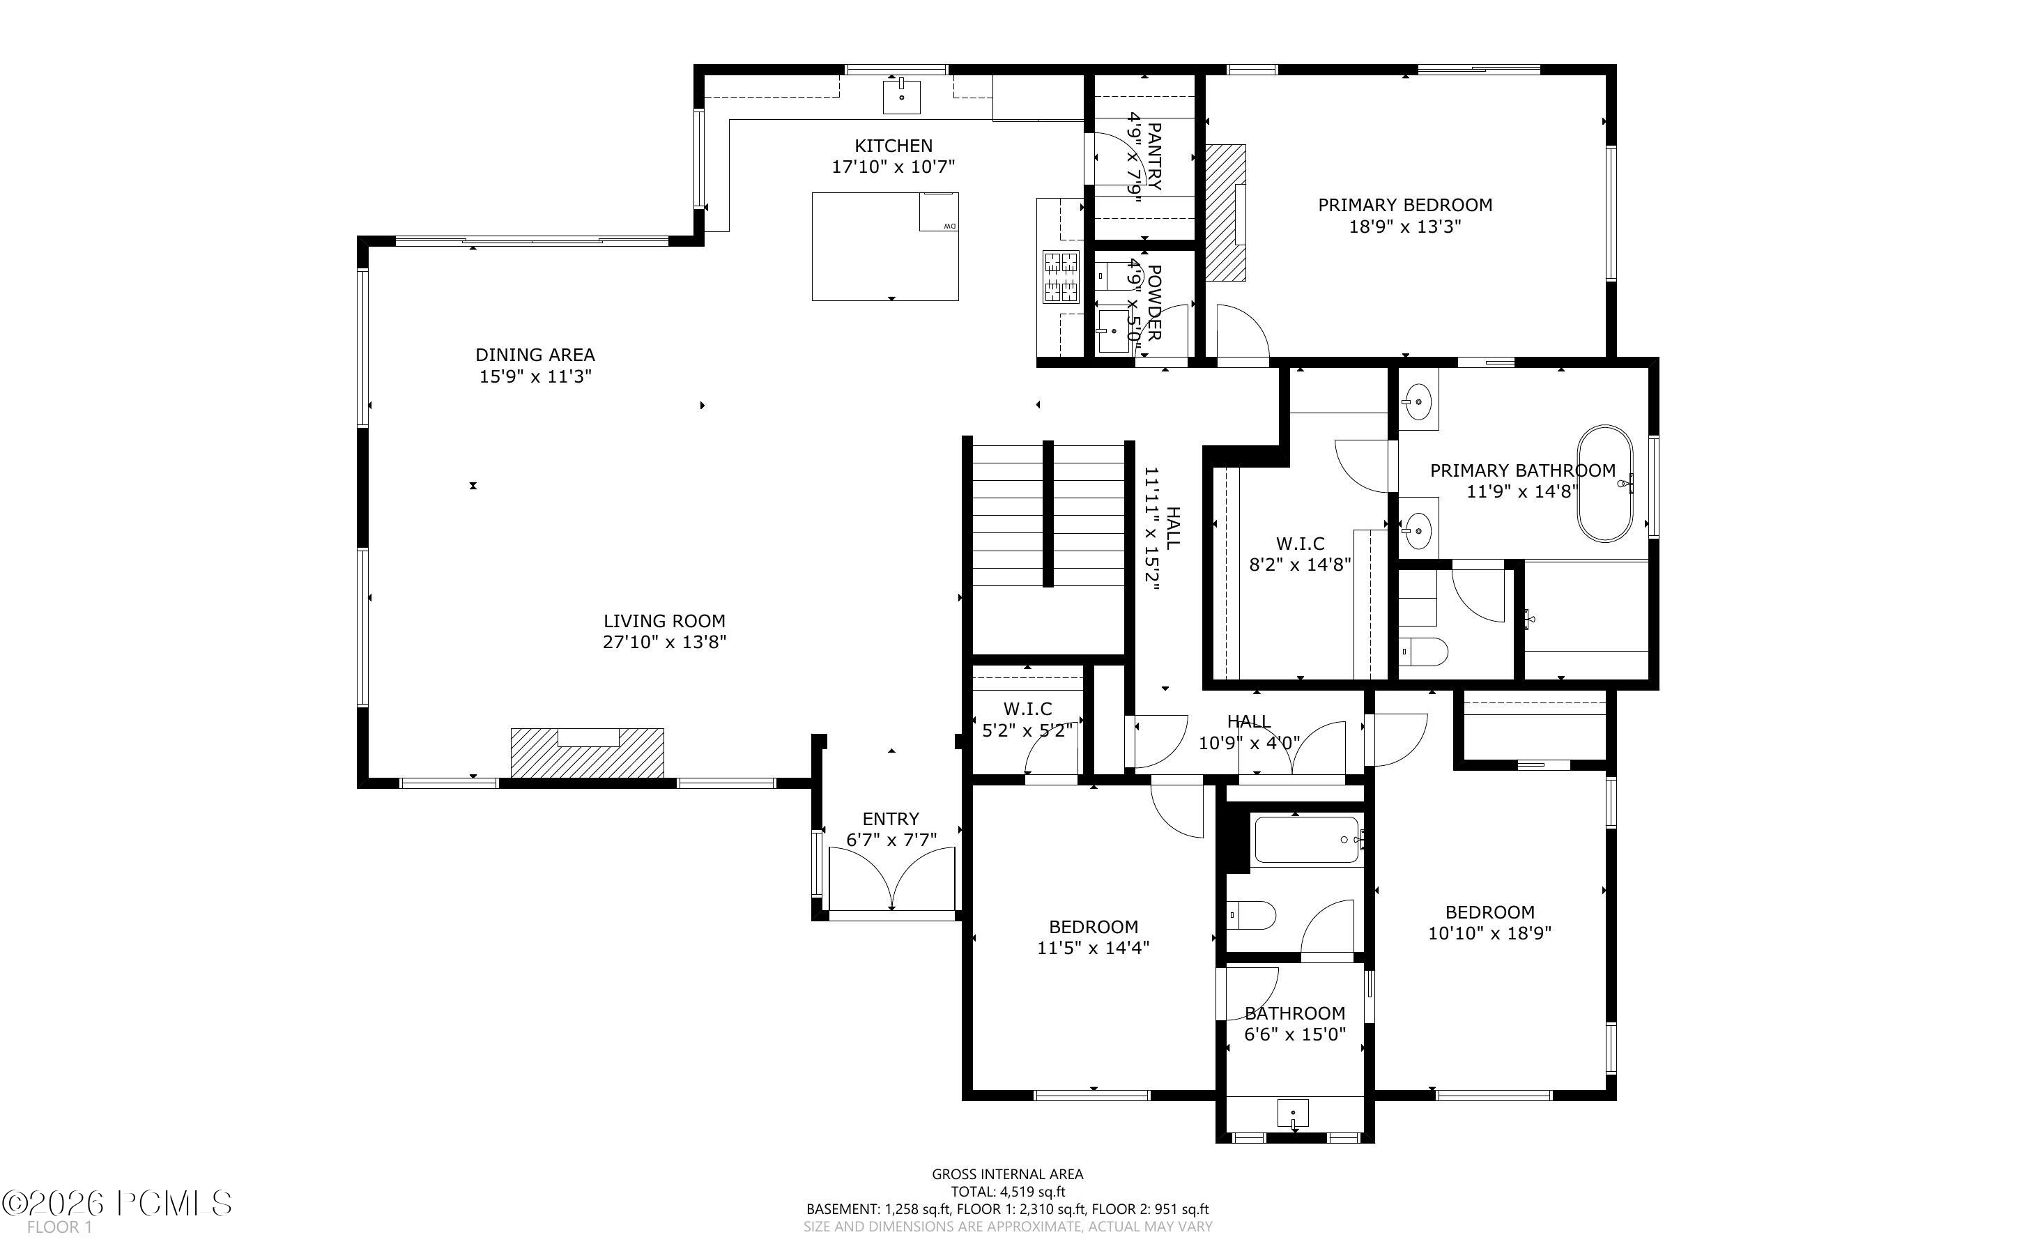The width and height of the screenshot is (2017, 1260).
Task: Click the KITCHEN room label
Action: coord(893,146)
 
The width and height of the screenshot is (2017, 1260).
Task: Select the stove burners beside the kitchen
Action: coord(1061,277)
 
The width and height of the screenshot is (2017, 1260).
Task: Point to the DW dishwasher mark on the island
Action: coord(949,226)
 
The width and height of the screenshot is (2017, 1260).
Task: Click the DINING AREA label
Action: coord(535,355)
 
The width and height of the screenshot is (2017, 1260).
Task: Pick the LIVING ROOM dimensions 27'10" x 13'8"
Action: coord(665,643)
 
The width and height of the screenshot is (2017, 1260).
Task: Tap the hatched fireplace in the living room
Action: coord(588,753)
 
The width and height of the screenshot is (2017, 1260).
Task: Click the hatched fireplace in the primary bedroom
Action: coord(1225,213)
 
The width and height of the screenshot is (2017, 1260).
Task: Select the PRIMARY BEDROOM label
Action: coord(1404,205)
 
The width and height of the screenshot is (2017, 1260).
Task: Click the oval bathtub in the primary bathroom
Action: coord(1604,484)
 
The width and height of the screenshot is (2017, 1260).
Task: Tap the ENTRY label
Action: coord(891,819)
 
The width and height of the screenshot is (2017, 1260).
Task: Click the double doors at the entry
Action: coord(892,878)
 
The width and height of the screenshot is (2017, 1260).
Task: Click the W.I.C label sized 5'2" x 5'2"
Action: coord(1027,709)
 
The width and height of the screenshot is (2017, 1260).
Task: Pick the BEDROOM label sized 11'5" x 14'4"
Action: coord(1093,927)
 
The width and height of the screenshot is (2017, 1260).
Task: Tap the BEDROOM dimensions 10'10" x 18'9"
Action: coord(1489,934)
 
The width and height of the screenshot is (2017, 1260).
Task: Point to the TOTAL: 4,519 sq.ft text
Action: coord(1007,1192)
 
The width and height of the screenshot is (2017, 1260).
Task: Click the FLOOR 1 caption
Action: coord(59,1227)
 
